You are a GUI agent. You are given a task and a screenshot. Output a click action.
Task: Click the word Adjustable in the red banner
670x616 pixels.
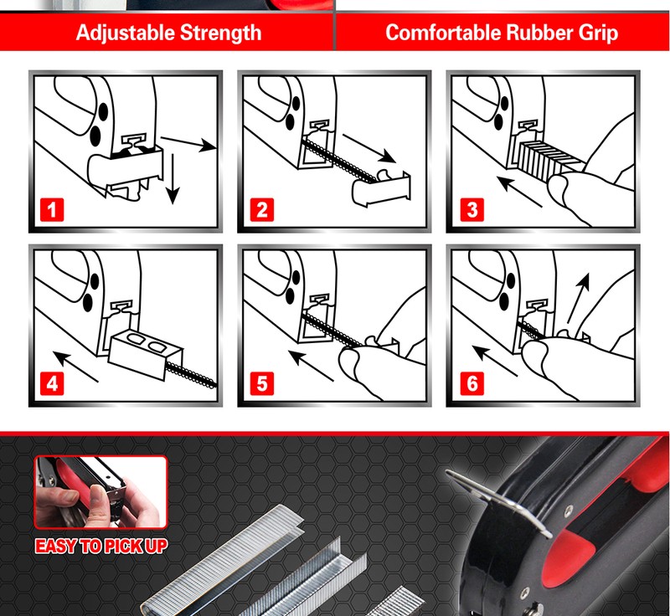coord(125,33)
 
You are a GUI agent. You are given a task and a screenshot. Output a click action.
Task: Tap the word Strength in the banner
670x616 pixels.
coord(220,33)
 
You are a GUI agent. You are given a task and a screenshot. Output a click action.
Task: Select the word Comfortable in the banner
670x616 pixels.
coord(443,33)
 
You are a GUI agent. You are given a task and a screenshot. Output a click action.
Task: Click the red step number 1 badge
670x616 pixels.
coord(52,209)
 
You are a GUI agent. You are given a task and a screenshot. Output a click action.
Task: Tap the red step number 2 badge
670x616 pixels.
coord(261,209)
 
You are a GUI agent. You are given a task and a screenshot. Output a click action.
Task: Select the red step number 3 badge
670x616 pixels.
coord(472,209)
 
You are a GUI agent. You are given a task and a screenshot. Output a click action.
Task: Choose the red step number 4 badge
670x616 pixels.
coord(52,383)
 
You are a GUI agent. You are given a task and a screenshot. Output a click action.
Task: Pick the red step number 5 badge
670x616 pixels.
coord(261,383)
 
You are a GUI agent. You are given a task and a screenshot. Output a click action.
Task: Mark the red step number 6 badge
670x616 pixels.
coord(472,383)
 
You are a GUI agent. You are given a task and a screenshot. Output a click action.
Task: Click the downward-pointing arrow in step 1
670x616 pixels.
coord(173,179)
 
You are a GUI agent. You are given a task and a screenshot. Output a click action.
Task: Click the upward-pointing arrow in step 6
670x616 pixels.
coord(579,298)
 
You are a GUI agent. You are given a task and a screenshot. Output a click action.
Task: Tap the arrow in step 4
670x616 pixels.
coord(75,367)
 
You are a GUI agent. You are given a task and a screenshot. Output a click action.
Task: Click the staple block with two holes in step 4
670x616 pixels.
coord(146,352)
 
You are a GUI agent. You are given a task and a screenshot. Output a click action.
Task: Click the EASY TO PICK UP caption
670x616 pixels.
coord(100,546)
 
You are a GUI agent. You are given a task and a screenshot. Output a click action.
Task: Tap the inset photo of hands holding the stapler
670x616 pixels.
coord(100,492)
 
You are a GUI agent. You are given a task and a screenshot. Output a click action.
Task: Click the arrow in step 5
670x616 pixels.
coord(311,366)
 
